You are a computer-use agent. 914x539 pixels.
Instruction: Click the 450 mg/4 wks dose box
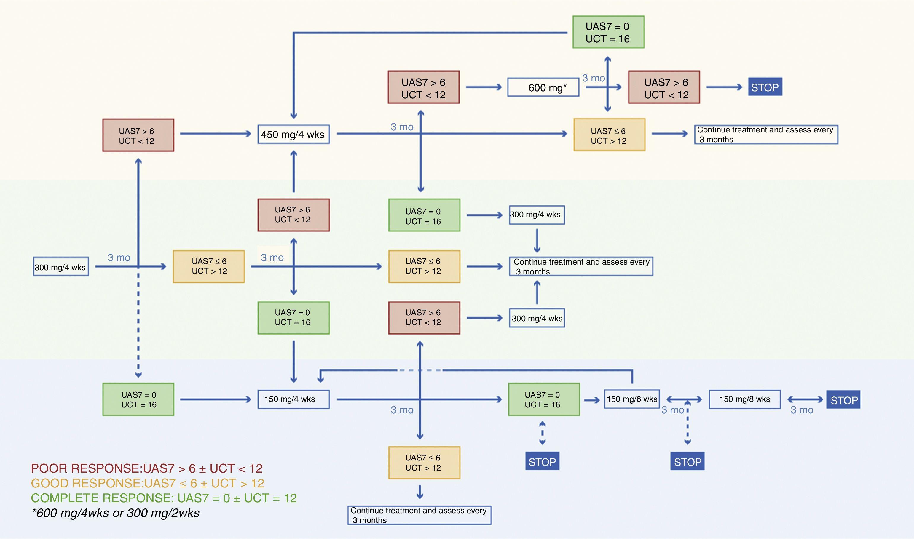[x=293, y=135]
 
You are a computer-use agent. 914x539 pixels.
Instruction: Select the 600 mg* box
[x=543, y=87]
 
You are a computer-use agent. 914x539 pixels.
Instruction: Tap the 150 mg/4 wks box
[x=293, y=399]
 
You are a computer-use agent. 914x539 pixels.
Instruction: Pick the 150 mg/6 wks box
[x=632, y=399]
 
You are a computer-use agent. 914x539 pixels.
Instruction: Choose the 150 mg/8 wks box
[x=745, y=399]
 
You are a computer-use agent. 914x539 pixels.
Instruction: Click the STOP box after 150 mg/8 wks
[x=843, y=400]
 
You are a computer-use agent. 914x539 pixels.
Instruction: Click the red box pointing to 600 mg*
[x=424, y=87]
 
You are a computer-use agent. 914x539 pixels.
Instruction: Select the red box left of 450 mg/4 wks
[x=138, y=135]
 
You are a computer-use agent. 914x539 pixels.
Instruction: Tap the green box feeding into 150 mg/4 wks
[x=138, y=399]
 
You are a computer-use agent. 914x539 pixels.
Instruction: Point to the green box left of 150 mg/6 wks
[x=544, y=399]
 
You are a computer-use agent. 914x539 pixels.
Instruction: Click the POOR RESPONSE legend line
[x=147, y=468]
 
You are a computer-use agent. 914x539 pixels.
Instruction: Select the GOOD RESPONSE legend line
[x=147, y=483]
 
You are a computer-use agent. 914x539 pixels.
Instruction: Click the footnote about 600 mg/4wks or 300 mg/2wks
[x=116, y=513]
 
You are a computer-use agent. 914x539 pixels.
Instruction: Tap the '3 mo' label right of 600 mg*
[x=593, y=78]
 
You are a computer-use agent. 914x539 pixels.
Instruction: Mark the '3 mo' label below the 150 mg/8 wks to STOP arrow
[x=802, y=410]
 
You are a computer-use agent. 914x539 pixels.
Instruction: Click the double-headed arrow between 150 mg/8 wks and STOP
[x=805, y=399]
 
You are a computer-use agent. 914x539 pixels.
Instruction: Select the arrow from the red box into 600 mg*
[x=484, y=87]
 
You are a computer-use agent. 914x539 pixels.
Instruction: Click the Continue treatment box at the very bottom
[x=419, y=515]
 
